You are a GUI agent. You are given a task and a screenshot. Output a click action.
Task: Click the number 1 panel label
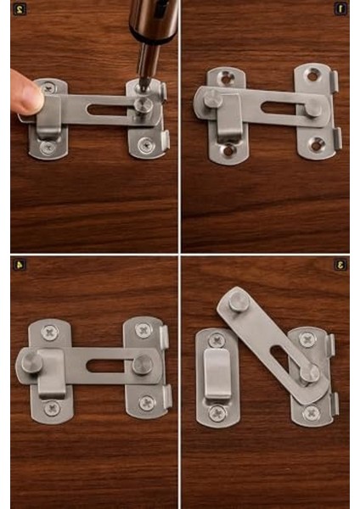pos(340,8)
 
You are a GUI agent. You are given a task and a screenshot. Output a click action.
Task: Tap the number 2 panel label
pos(20,8)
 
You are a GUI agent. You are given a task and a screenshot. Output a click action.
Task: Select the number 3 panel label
pos(340,265)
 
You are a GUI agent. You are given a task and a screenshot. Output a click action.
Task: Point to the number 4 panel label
pos(20,265)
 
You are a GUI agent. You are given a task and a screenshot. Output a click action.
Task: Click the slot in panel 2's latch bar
pos(110,110)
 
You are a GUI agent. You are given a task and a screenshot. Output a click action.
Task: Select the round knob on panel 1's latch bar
pos(213,98)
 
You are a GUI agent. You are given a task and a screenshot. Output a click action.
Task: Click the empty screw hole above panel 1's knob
pos(227,77)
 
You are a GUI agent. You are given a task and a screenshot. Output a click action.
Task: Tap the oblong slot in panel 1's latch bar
pos(284,108)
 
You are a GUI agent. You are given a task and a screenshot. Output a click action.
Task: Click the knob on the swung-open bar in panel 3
pos(239,301)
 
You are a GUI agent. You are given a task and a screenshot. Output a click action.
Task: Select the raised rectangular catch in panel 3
pos(217,373)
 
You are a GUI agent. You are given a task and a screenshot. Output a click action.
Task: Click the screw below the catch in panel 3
pos(217,413)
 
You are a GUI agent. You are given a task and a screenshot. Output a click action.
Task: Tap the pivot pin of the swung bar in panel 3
pos(310,373)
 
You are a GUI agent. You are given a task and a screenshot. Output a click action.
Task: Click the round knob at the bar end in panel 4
pos(32,362)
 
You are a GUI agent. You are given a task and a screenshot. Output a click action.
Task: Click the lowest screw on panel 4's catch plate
pos(52,408)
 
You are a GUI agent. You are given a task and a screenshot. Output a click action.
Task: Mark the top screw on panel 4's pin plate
pos(143,331)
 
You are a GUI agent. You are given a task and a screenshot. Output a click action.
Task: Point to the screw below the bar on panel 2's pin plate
pos(145,145)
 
